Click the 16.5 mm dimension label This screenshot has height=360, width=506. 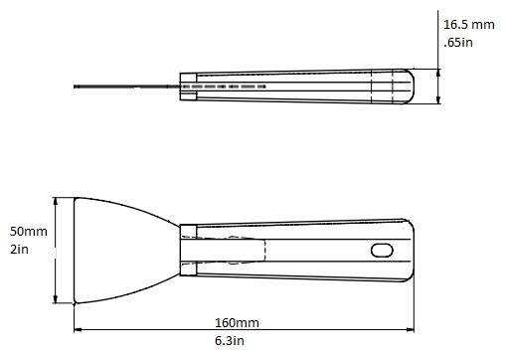pyautogui.click(x=469, y=25)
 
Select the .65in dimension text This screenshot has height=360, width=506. pyautogui.click(x=458, y=43)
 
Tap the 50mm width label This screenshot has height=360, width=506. pyautogui.click(x=29, y=232)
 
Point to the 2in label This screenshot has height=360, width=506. pyautogui.click(x=19, y=250)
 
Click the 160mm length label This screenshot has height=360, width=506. pyautogui.click(x=237, y=323)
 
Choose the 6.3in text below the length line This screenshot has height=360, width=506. pyautogui.click(x=230, y=341)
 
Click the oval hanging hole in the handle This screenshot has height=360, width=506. pyautogui.click(x=382, y=251)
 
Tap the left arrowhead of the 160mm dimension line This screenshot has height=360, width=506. pyautogui.click(x=78, y=329)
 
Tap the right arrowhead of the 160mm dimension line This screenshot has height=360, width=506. pyautogui.click(x=411, y=329)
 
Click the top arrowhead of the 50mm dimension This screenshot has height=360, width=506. pyautogui.click(x=56, y=201)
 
